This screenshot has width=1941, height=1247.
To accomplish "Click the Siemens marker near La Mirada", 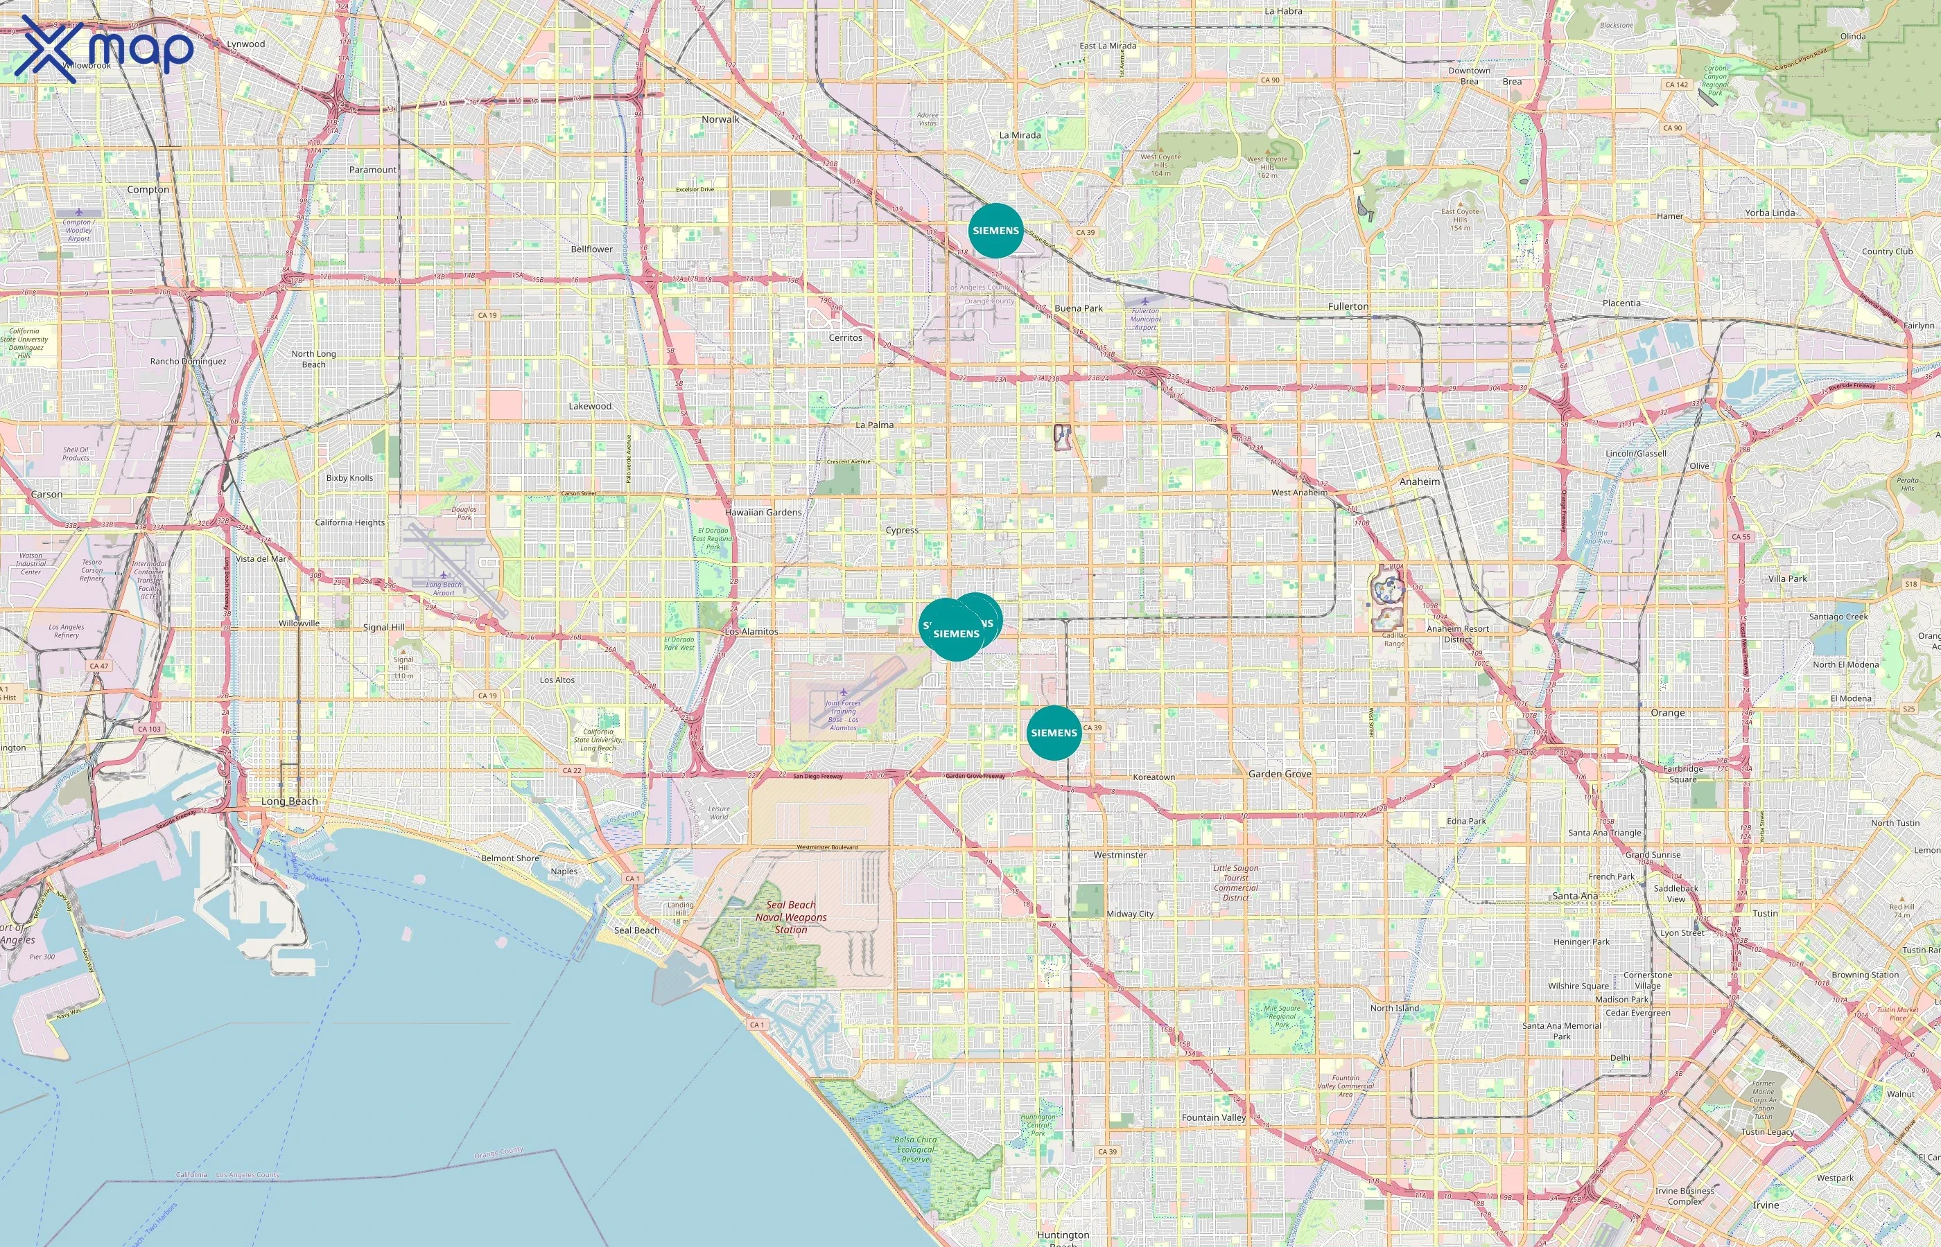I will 995,231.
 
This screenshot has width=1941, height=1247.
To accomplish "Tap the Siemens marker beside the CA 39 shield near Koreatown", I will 1054,733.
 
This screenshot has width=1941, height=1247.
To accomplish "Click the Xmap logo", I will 106,48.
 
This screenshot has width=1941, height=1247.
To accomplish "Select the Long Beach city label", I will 289,802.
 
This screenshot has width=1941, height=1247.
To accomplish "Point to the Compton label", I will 148,190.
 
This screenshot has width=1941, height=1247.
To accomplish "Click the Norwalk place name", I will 720,119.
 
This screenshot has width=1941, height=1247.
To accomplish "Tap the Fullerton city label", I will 1348,306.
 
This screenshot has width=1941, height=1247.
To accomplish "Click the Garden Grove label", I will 1279,774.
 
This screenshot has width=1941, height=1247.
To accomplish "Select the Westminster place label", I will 1120,855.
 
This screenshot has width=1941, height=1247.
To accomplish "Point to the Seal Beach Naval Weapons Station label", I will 791,917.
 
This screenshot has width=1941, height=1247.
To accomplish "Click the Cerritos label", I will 845,337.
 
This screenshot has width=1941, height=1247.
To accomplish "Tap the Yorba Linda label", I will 1769,213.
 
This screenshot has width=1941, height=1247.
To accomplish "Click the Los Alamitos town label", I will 751,632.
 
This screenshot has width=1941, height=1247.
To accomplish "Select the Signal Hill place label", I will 383,628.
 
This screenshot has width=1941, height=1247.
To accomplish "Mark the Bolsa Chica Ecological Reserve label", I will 916,1149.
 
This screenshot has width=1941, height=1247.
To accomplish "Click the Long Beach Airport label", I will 444,589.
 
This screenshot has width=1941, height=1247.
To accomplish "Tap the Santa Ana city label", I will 1575,896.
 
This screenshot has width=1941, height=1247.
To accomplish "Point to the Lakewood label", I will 590,407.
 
